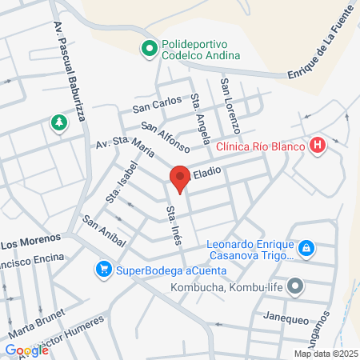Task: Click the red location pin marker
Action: coord(180,178)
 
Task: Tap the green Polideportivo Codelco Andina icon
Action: coord(148,50)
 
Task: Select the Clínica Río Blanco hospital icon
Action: coord(318,146)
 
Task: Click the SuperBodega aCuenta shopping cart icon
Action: coord(102,269)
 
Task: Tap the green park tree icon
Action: coord(58,122)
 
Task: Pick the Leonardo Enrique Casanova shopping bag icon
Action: coord(306,249)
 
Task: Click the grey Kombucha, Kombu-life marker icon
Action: coord(295,286)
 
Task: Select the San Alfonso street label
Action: coord(166,136)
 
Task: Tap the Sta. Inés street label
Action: coord(172,225)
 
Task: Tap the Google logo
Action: coord(26,350)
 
